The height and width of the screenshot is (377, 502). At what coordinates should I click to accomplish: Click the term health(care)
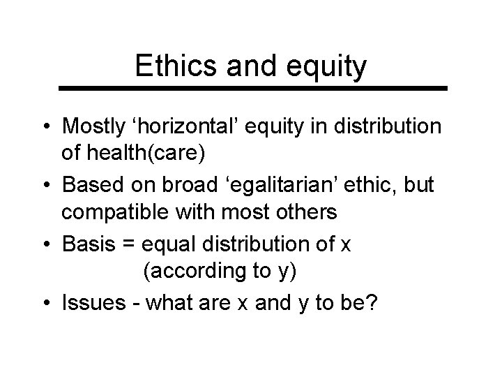pos(139,150)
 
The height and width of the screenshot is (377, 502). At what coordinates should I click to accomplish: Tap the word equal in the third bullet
pos(168,245)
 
